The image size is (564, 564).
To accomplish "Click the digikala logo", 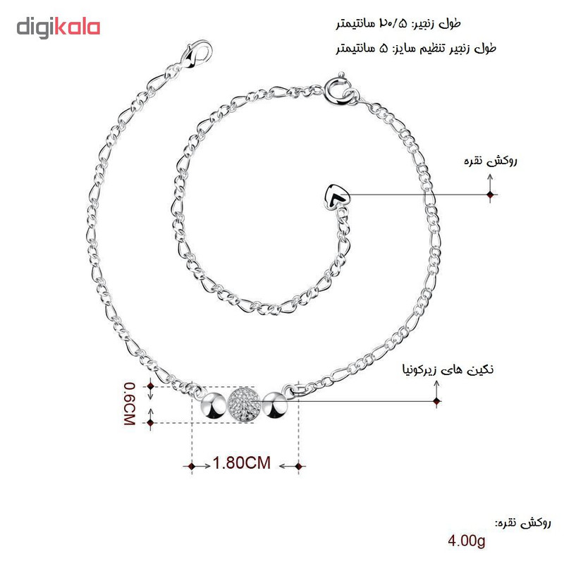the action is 59,28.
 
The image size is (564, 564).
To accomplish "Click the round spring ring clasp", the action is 339,90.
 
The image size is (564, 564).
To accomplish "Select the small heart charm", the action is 336,197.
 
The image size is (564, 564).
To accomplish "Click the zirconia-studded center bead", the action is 244,405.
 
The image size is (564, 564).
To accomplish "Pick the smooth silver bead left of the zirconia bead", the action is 214,406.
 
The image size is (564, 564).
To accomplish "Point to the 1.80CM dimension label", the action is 242,462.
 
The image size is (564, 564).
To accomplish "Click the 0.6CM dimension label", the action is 129,403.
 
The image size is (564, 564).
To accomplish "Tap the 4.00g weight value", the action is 467,541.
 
